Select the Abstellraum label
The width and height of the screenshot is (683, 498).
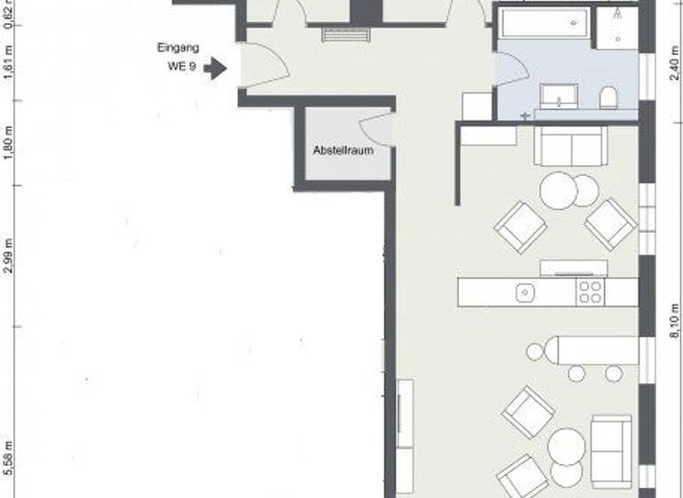[343, 150]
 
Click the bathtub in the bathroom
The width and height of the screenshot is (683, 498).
[542, 23]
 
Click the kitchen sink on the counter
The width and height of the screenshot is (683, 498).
[525, 291]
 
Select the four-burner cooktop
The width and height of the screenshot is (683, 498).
[591, 292]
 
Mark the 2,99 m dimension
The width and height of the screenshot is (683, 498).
[10, 256]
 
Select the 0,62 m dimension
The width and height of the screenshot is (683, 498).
[10, 15]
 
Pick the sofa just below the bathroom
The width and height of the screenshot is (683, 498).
[571, 145]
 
